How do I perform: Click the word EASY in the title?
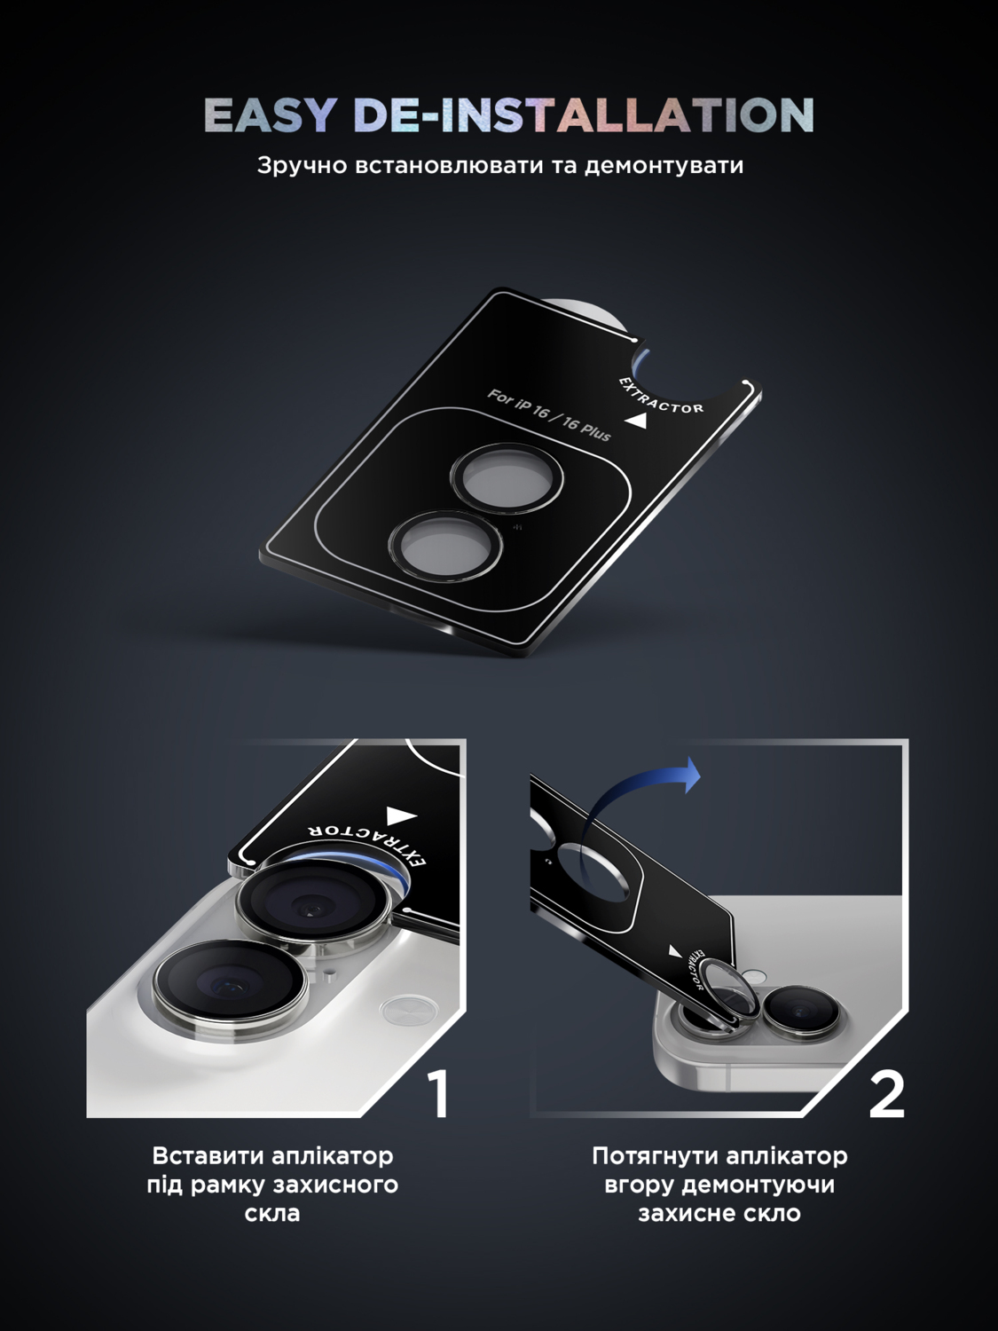tap(269, 114)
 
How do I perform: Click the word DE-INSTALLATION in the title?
tap(584, 114)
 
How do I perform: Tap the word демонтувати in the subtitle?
tap(664, 166)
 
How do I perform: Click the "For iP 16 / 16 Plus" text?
tap(549, 415)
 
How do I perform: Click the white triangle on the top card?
tap(633, 420)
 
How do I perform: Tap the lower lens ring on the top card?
tap(446, 543)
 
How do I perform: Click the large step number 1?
tap(438, 1093)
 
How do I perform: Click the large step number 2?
tap(887, 1094)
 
